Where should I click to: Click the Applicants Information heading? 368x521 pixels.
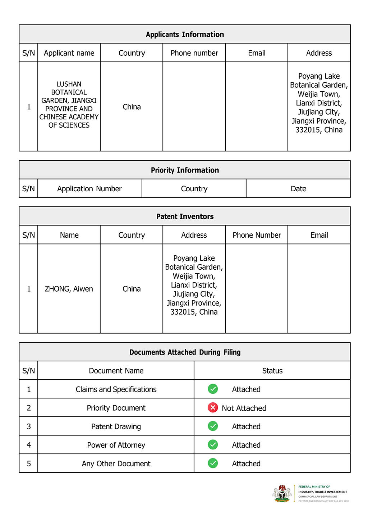[x=185, y=35]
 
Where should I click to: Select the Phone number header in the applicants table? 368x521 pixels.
[x=194, y=53]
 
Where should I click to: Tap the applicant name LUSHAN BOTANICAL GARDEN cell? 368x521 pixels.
[x=69, y=105]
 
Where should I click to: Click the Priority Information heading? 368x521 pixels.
[x=185, y=170]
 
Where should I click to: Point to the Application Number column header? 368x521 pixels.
[x=89, y=189]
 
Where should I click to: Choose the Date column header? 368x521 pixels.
[x=298, y=189]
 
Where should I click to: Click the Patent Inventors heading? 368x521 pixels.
[x=185, y=216]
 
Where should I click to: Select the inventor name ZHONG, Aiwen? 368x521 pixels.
[x=69, y=289]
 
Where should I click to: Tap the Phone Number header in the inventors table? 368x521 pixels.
[x=257, y=235]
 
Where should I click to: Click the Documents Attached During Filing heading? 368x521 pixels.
[x=185, y=352]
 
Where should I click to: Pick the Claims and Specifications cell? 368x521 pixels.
[x=116, y=389]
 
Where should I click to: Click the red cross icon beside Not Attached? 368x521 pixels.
[x=213, y=407]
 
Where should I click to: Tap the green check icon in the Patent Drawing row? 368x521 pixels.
[x=213, y=426]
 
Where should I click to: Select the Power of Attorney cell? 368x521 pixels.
[x=116, y=445]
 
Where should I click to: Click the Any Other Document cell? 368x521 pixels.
[x=116, y=464]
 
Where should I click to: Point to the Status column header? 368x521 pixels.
[x=272, y=371]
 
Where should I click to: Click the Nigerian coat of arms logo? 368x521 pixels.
[x=282, y=493]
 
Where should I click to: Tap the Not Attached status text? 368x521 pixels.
[x=244, y=408]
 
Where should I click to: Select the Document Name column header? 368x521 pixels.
[x=116, y=371]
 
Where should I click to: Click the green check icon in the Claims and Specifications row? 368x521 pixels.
[x=213, y=389]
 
